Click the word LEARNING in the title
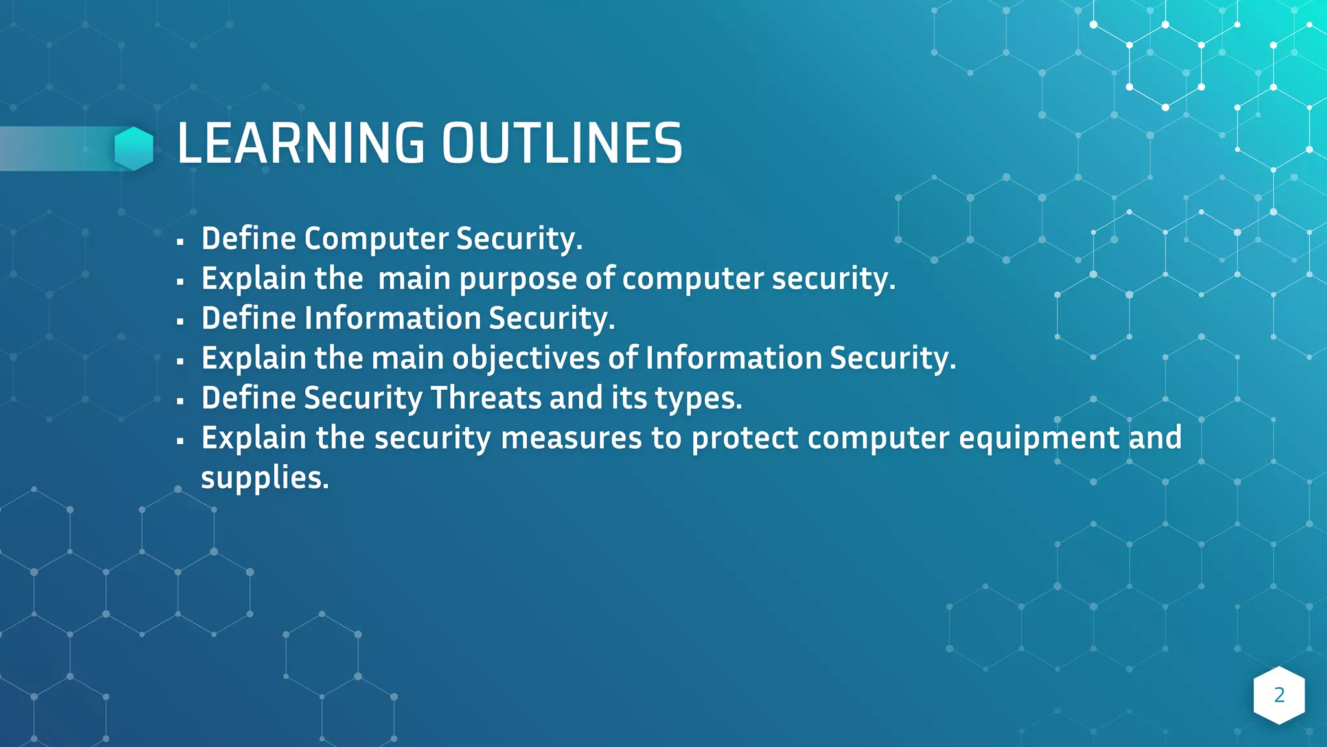click(301, 143)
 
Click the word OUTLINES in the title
click(562, 143)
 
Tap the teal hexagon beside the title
click(134, 148)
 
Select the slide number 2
click(1279, 695)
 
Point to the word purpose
click(518, 279)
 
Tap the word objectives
click(525, 359)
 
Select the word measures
click(571, 438)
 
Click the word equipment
click(1039, 439)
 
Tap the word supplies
click(265, 479)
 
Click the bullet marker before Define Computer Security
click(180, 242)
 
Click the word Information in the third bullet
click(393, 318)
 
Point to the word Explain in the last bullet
click(254, 438)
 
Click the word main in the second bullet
click(414, 279)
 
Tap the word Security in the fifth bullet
click(363, 398)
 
